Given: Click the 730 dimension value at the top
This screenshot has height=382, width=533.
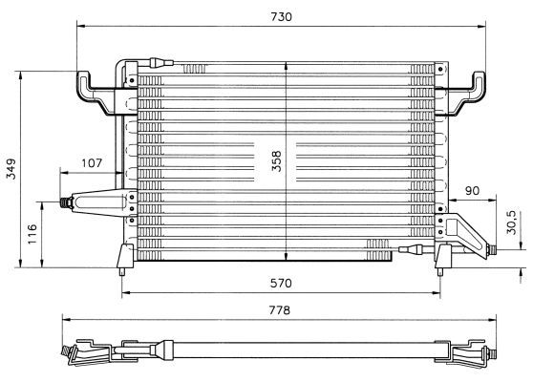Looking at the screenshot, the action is click(x=281, y=16).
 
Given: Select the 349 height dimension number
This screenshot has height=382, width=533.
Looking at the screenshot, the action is click(x=11, y=169).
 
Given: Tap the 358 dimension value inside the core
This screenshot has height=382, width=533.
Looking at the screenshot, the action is click(x=277, y=161).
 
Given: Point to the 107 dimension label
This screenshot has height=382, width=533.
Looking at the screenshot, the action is click(x=92, y=163).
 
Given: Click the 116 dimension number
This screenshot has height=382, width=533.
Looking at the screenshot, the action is click(x=32, y=234).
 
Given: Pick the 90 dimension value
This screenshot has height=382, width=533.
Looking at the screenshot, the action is click(x=472, y=191).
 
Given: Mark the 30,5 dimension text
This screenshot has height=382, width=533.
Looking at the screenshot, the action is click(x=511, y=223).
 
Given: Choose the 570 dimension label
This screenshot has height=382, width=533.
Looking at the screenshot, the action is click(x=281, y=283).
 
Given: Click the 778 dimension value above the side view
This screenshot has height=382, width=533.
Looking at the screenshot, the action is click(x=280, y=310).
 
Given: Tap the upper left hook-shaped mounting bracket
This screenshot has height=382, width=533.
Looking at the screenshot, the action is click(x=96, y=93).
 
